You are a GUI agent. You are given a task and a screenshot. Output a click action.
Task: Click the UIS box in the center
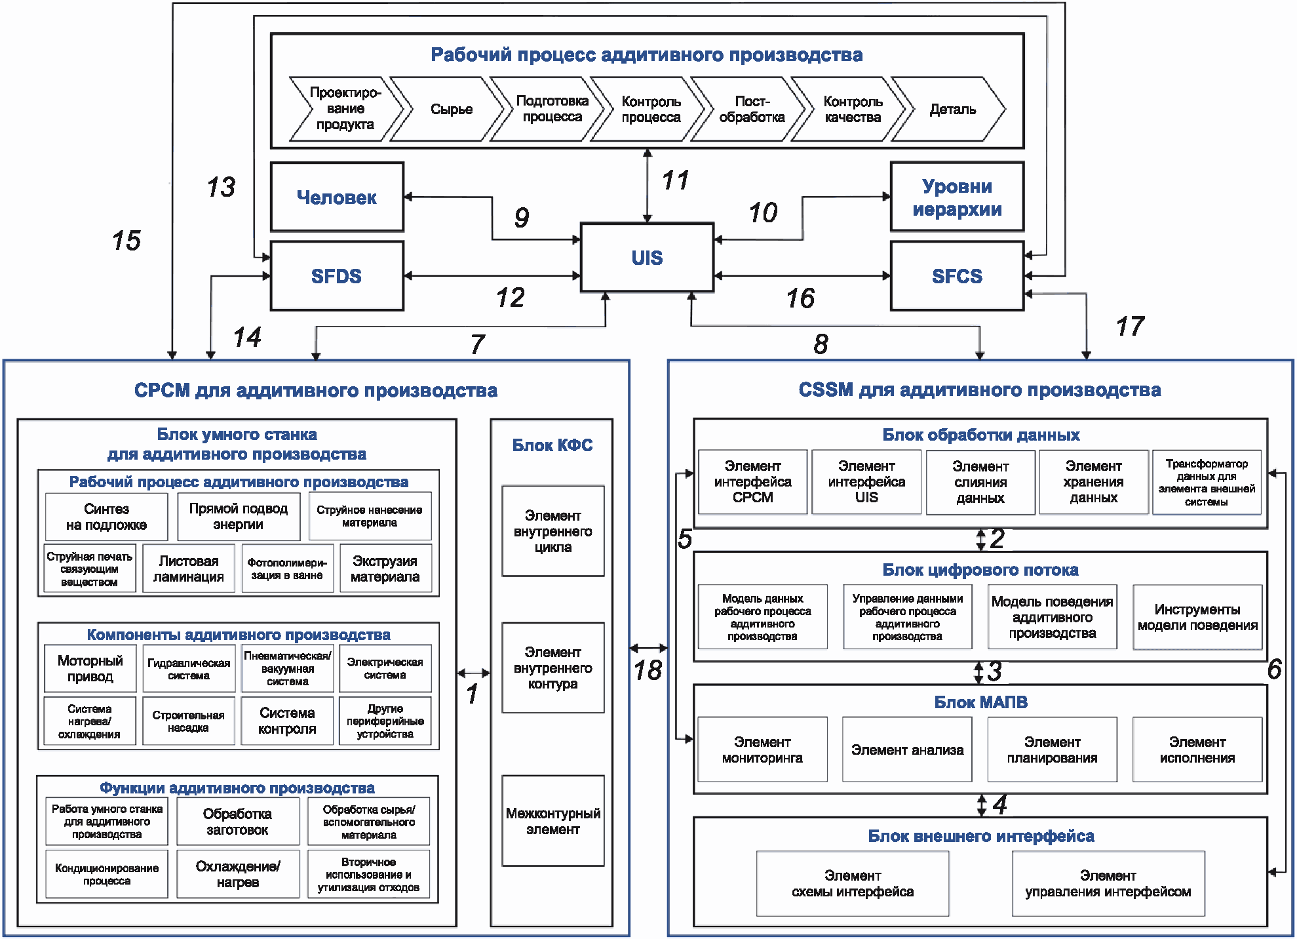647,257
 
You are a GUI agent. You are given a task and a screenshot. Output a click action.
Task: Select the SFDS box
337,276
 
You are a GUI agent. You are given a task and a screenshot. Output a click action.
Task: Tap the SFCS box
957,276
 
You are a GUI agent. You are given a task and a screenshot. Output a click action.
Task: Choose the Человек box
337,197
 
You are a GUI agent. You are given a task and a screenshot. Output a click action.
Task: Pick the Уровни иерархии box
957,197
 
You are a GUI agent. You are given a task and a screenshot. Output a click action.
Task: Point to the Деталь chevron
950,109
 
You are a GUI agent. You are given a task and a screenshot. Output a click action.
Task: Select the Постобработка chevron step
750,109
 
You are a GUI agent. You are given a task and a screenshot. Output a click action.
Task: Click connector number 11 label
676,180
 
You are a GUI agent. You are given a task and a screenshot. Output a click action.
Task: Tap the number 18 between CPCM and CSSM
648,670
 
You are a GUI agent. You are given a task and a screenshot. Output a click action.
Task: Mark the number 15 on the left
126,241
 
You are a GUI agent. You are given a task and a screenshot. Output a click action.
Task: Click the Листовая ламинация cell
189,569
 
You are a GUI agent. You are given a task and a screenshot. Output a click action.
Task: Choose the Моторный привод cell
90,668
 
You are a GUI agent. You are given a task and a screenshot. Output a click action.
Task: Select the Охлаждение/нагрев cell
238,874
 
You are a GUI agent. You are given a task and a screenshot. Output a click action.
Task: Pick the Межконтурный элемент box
553,821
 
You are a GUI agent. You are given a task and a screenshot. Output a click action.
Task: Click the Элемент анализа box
907,749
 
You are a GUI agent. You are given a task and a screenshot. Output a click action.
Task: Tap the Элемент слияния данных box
980,482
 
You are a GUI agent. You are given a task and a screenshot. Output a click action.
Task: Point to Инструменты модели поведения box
1197,617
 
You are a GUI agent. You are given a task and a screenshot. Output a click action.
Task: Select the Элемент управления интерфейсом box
1108,883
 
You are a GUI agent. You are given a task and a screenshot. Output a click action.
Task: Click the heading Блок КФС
552,445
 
